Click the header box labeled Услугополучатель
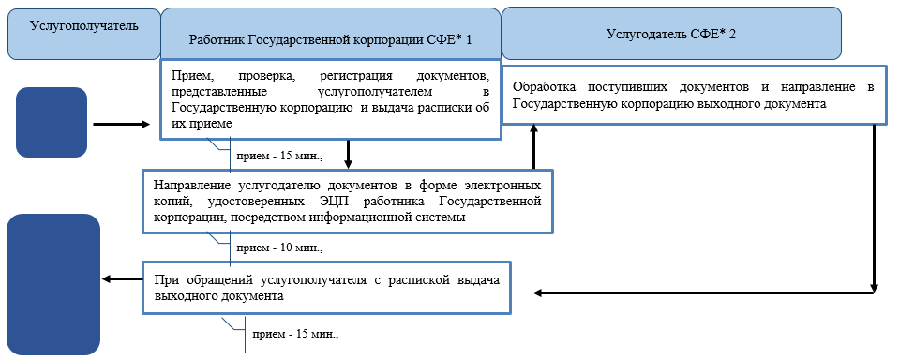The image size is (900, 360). point(83,33)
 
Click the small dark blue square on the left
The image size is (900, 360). point(52,122)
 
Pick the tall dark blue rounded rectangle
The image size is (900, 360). point(53,285)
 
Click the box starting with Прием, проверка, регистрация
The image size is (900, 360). point(330,99)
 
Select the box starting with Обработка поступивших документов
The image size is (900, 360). point(694,95)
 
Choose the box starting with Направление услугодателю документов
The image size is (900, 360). point(348,200)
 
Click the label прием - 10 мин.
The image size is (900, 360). point(279,248)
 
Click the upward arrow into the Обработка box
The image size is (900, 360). point(534,146)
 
